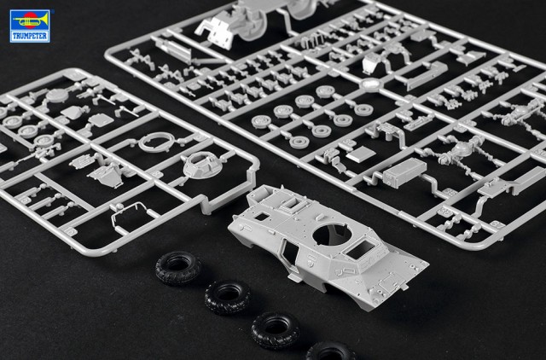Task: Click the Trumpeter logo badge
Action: click(30, 26)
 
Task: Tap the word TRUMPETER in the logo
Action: click(30, 36)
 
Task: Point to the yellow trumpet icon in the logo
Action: click(31, 20)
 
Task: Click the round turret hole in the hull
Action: click(332, 235)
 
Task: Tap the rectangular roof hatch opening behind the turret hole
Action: click(360, 249)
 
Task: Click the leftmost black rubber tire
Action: click(177, 268)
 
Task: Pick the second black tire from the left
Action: click(228, 298)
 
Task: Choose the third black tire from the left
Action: click(276, 330)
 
